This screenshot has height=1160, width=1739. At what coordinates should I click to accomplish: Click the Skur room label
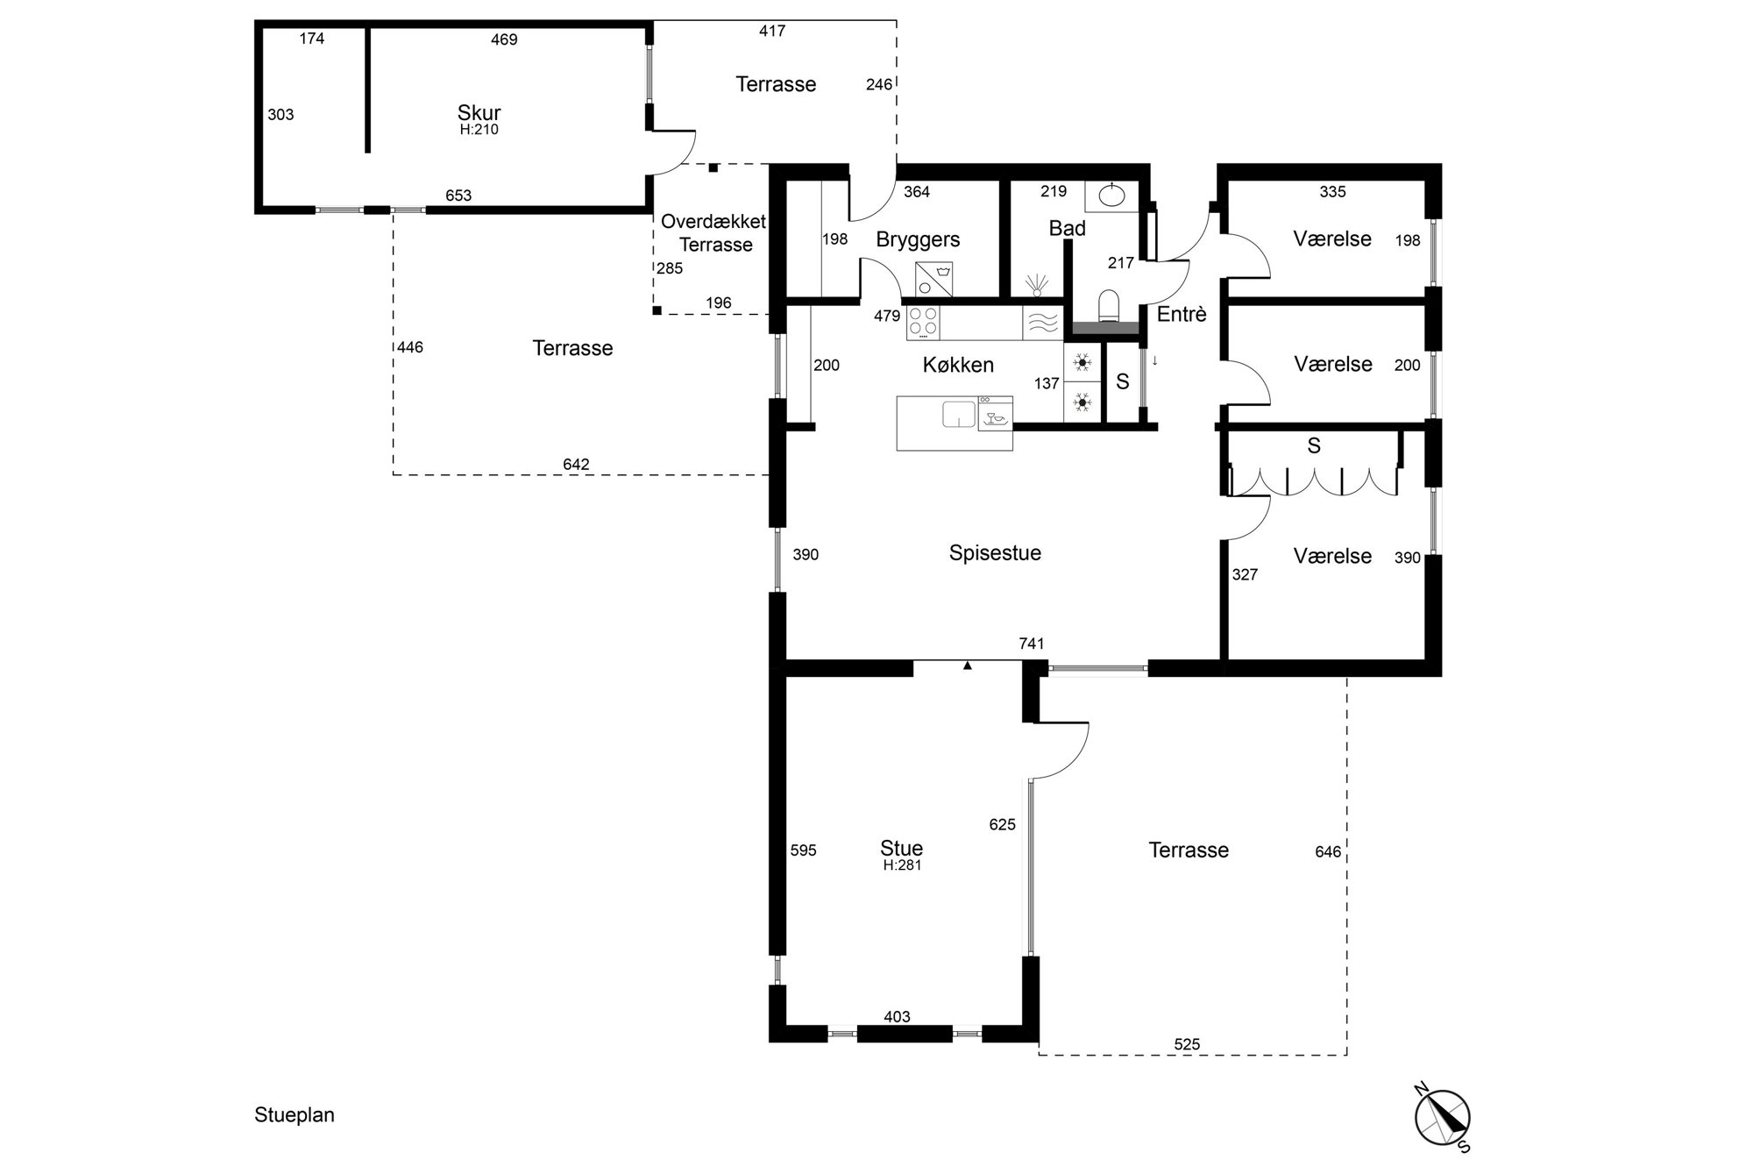click(x=479, y=113)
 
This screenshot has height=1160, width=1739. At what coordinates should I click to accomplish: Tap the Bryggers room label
click(x=918, y=239)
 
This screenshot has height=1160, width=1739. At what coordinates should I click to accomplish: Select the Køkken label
click(x=958, y=365)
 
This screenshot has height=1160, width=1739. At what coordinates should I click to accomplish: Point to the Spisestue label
click(x=995, y=553)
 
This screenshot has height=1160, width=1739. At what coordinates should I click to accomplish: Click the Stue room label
click(x=901, y=848)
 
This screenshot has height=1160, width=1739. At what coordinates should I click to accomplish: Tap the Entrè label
click(x=1182, y=314)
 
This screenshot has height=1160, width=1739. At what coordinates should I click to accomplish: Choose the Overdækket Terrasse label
click(x=714, y=233)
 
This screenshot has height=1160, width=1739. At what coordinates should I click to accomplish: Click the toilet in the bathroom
click(x=1110, y=306)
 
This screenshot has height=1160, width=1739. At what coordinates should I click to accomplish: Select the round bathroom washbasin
click(x=1111, y=196)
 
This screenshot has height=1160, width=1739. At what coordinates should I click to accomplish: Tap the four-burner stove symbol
click(x=923, y=322)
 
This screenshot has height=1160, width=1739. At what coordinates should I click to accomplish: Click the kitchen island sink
click(x=959, y=414)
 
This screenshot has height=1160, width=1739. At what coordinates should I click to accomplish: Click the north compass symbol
click(x=1442, y=1119)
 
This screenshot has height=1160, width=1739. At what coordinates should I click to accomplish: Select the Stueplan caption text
click(x=295, y=1115)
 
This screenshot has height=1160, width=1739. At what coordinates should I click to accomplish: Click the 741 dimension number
click(x=1032, y=644)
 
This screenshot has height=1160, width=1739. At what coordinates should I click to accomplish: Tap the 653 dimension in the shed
click(x=458, y=196)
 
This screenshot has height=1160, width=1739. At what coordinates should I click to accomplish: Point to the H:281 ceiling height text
click(x=902, y=865)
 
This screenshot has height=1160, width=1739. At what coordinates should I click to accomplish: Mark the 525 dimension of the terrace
click(x=1187, y=1044)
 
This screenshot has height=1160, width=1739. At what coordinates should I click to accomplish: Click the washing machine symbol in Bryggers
click(x=933, y=280)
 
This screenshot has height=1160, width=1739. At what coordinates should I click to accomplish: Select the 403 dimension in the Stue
click(x=897, y=1017)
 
